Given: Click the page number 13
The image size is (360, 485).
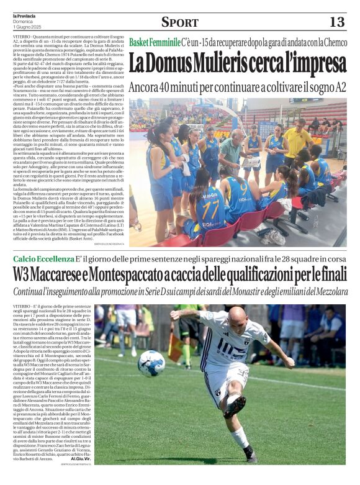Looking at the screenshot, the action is [336, 22].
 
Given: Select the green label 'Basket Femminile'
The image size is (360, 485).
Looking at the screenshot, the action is [154, 42].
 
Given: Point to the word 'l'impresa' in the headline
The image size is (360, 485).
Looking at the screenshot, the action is [308, 64].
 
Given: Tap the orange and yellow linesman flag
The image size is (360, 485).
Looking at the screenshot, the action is [176, 348].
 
